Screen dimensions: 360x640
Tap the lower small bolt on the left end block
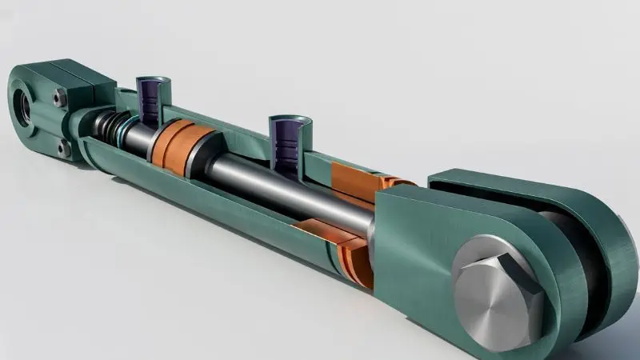pos(62,147)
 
